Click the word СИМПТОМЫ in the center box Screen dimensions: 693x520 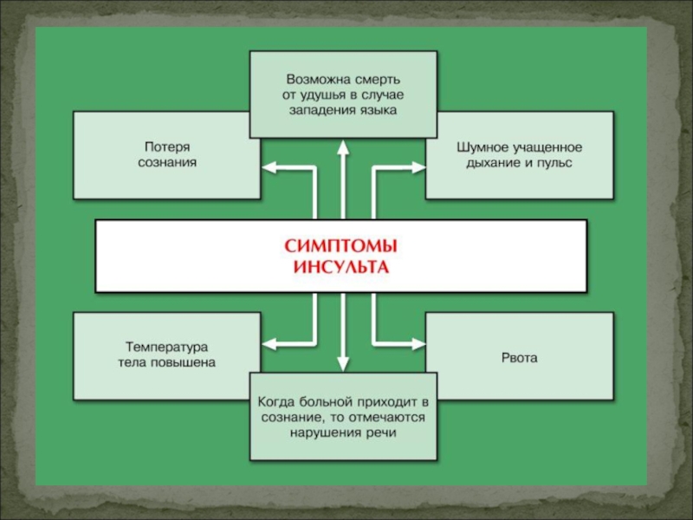coord(340,246)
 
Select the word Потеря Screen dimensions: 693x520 coord(167,147)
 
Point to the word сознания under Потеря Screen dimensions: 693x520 coord(167,162)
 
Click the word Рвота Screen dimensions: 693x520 coord(520,357)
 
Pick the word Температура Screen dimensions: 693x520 coord(166,347)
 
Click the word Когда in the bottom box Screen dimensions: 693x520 coord(278,402)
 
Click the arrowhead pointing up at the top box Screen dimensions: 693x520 coord(344,147)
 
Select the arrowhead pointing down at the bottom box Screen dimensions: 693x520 coord(344,364)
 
